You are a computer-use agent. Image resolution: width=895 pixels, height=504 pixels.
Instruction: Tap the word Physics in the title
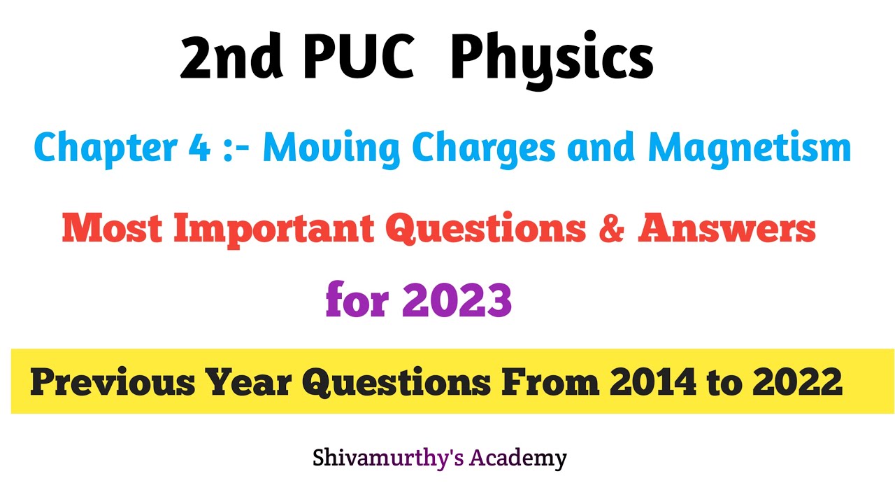point(552,60)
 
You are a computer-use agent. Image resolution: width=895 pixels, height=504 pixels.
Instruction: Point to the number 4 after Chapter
point(203,148)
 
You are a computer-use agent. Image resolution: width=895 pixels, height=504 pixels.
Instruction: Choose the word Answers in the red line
point(726,229)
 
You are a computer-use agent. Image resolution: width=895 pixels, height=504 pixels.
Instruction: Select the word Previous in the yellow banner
point(111,382)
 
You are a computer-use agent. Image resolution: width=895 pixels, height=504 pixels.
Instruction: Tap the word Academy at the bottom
point(517,458)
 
